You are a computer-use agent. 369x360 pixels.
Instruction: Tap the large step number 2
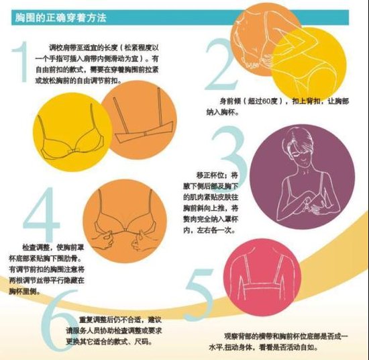click(x=222, y=60)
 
